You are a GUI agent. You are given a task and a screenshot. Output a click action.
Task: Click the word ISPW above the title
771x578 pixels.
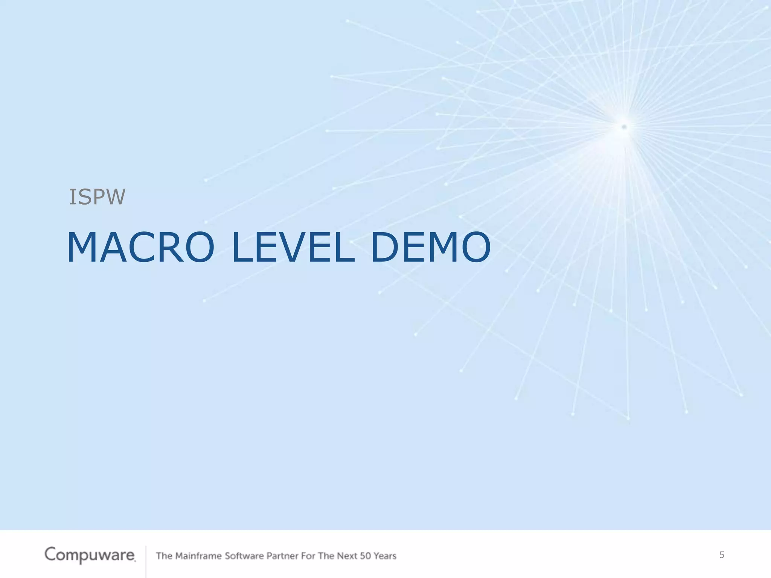(97, 197)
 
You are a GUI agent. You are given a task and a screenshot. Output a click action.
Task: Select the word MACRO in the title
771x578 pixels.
(140, 247)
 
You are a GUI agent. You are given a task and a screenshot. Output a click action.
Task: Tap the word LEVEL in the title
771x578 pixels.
(293, 247)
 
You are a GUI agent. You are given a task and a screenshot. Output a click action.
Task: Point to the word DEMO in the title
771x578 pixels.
(430, 247)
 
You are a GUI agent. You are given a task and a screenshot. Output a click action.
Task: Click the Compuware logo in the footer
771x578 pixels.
(90, 555)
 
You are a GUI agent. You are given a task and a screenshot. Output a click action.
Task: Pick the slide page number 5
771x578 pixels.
(722, 555)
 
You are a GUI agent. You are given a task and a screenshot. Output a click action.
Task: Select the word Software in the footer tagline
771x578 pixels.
(244, 556)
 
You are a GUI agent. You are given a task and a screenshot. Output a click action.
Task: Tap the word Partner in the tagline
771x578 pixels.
(282, 556)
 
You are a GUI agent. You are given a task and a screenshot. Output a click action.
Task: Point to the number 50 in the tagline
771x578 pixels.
(365, 556)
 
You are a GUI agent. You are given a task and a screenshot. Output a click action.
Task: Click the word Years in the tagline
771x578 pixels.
(385, 556)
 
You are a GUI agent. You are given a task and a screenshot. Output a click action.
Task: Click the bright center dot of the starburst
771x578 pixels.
(624, 127)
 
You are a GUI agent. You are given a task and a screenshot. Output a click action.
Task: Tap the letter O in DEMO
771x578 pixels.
(476, 247)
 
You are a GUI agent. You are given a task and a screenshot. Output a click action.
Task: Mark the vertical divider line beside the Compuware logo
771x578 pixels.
(146, 561)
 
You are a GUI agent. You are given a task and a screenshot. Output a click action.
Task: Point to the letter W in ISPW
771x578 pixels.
(116, 197)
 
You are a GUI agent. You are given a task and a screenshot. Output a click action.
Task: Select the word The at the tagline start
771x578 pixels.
(164, 556)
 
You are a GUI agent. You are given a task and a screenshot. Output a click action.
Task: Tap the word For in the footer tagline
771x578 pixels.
(308, 556)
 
